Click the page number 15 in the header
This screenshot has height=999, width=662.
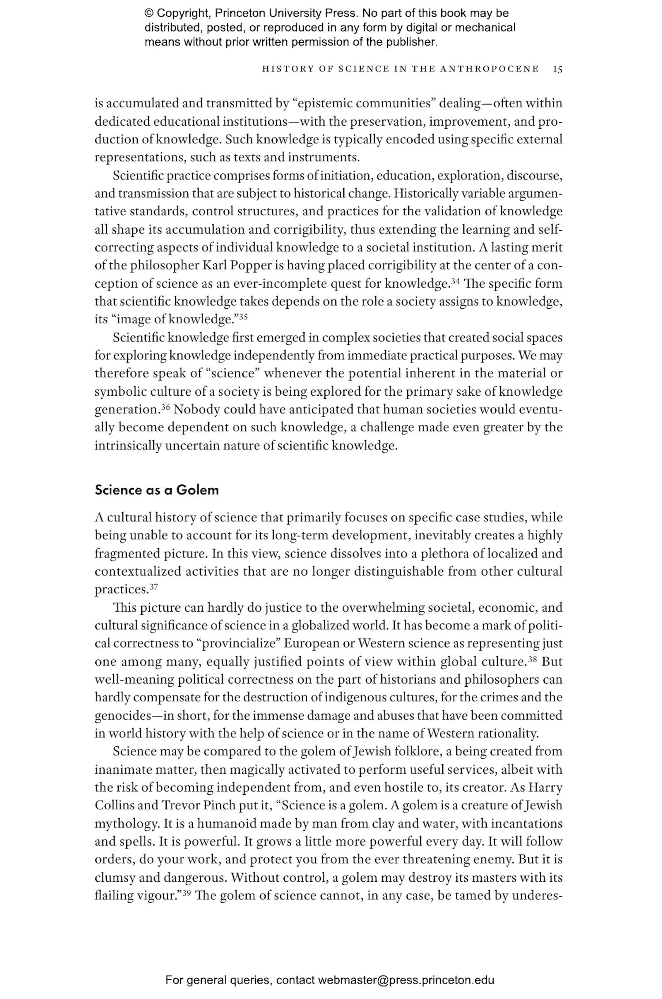557,69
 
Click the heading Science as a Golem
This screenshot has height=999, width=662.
157,490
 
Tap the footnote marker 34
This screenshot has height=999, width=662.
455,281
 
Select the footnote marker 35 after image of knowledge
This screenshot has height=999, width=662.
244,316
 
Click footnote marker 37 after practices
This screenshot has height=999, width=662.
154,587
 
